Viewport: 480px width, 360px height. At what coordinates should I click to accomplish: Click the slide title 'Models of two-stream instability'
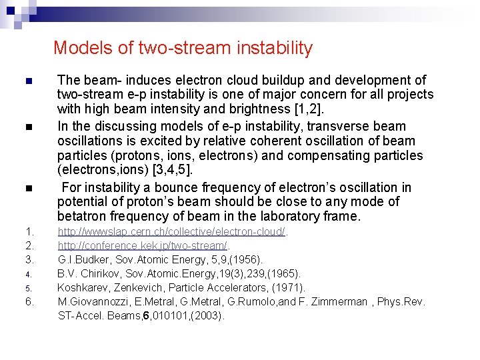point(183,48)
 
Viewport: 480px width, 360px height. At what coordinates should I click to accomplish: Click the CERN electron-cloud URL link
point(171,232)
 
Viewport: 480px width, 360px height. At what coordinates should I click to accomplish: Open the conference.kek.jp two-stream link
point(142,246)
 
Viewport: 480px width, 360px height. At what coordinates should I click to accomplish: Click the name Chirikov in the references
point(94,273)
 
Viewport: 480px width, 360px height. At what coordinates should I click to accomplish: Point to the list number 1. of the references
point(29,232)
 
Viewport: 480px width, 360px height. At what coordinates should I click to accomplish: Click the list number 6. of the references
point(29,301)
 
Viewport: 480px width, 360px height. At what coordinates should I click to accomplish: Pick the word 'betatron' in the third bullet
point(82,216)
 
